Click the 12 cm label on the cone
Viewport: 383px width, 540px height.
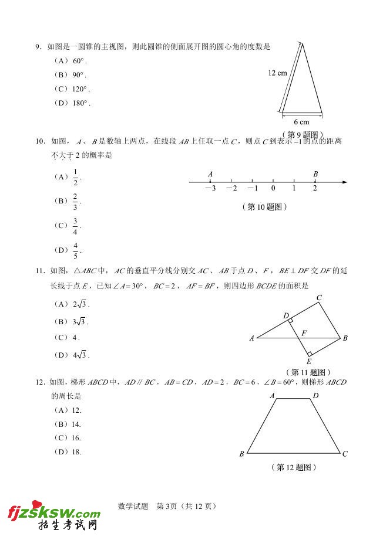pos(277,73)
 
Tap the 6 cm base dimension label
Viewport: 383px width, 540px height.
pos(301,123)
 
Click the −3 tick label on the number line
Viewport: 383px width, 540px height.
pos(210,188)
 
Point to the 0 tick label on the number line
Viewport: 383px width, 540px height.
pos(273,188)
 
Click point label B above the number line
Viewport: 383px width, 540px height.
pos(315,174)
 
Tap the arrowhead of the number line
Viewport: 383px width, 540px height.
pos(345,182)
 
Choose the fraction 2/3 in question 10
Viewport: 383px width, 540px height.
pos(75,201)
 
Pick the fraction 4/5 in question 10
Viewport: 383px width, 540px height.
pos(75,250)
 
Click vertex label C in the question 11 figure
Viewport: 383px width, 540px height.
pos(319,298)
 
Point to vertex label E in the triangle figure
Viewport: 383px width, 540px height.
pos(308,362)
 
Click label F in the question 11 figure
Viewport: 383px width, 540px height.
pos(304,333)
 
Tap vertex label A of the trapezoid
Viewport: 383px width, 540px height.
pos(273,396)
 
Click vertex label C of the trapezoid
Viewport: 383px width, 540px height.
pos(345,454)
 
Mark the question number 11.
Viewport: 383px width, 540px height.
pos(40,270)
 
